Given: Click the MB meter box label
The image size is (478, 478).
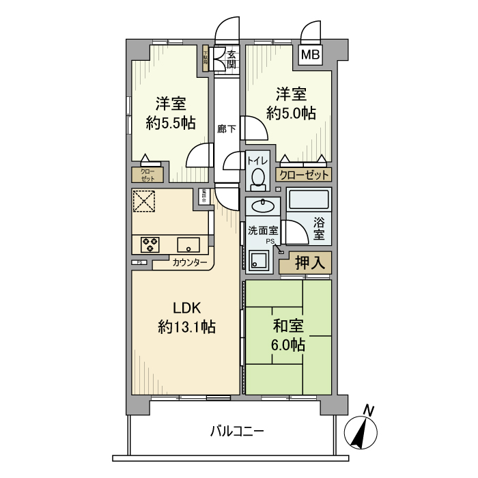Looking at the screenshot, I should click(x=310, y=55).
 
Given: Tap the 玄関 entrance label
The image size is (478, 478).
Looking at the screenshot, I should click(x=231, y=59).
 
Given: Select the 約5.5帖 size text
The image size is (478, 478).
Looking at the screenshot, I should click(x=171, y=123).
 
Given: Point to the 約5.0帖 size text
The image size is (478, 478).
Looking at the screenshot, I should click(x=292, y=113).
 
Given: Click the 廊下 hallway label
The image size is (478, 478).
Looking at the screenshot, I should click(x=227, y=128).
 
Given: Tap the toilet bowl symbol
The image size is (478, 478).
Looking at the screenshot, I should click(x=257, y=178).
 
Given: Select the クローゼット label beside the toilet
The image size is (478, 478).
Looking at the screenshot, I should click(x=303, y=175).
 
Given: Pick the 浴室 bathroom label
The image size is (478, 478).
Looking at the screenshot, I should click(x=319, y=228).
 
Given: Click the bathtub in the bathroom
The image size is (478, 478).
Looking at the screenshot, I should click(x=309, y=199).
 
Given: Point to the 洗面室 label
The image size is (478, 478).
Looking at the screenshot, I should click(x=263, y=230).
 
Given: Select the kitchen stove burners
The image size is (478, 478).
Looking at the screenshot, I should click(x=150, y=243).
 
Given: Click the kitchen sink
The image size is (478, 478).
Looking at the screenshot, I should click(x=187, y=243).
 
